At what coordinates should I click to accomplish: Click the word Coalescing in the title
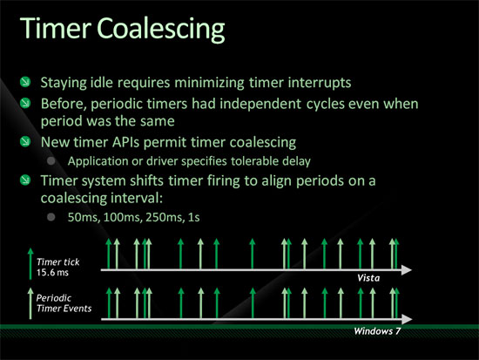tap(161, 29)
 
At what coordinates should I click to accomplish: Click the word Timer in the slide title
tap(55, 28)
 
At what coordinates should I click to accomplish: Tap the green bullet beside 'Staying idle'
tap(25, 82)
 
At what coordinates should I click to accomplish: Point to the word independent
tap(260, 104)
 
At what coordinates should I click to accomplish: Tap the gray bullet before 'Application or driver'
tap(51, 160)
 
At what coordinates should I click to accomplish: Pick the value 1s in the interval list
tap(194, 217)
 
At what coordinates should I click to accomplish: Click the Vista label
tap(368, 278)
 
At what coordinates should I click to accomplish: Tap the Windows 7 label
tap(377, 331)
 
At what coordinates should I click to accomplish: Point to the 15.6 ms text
tap(52, 272)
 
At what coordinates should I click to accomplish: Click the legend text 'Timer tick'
tap(58, 262)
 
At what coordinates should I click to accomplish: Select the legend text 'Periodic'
tap(54, 298)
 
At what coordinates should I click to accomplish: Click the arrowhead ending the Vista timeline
tap(407, 269)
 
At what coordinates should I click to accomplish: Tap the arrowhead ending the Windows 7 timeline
tap(407, 319)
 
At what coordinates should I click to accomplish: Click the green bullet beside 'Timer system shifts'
tap(25, 180)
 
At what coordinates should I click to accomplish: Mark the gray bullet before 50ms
tap(51, 217)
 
